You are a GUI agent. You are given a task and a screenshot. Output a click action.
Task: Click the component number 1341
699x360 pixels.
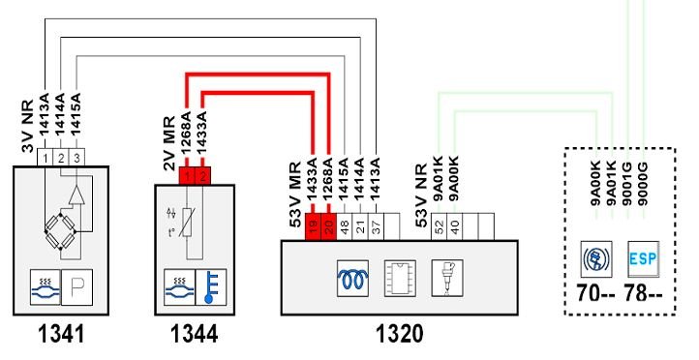click(x=61, y=334)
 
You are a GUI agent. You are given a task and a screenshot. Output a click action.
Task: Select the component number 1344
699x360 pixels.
click(x=194, y=334)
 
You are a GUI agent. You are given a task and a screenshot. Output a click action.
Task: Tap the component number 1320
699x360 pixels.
click(x=400, y=334)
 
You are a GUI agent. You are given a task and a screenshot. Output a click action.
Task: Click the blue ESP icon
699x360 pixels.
click(x=643, y=258)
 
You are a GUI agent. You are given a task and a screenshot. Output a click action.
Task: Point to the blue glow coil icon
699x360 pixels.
click(x=353, y=279)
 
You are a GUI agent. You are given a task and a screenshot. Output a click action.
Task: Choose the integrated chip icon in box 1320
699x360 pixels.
click(x=400, y=279)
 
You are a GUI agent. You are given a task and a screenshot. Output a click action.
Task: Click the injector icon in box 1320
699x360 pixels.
click(x=447, y=279)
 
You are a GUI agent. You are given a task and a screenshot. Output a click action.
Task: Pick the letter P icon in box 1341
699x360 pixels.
click(x=76, y=287)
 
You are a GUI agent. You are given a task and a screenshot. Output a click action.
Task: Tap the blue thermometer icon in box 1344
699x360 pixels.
click(x=211, y=287)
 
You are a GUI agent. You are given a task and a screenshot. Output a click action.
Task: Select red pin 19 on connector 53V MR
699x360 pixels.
click(x=313, y=226)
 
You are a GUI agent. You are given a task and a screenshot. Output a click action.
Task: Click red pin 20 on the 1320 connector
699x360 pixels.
click(x=328, y=226)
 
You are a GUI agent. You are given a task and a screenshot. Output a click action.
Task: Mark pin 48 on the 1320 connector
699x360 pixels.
click(x=344, y=226)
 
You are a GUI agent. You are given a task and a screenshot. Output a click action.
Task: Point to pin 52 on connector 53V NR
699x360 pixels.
click(x=440, y=226)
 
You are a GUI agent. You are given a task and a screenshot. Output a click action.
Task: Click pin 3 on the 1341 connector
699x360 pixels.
click(x=76, y=158)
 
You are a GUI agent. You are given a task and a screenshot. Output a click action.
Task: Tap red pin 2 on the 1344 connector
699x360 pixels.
click(x=203, y=176)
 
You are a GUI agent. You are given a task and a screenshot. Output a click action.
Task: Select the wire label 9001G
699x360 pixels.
click(x=627, y=183)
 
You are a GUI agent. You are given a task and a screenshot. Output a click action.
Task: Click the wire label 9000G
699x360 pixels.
click(x=643, y=183)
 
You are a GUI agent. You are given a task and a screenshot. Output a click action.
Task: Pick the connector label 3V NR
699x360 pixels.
click(x=28, y=126)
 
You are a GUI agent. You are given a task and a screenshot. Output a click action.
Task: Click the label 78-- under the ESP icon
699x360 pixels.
click(x=643, y=294)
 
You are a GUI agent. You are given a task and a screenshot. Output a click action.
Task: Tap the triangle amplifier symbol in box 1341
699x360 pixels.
click(x=76, y=195)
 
